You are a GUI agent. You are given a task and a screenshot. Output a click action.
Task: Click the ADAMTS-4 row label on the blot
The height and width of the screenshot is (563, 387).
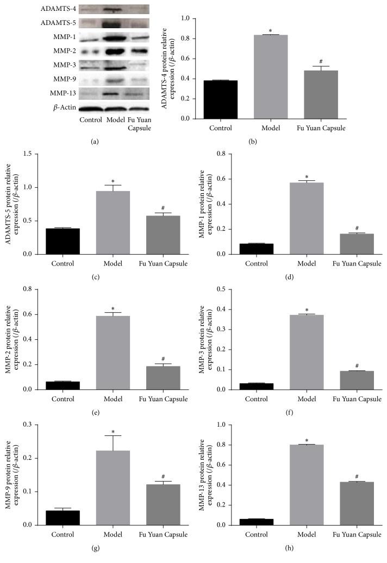(x=57, y=9)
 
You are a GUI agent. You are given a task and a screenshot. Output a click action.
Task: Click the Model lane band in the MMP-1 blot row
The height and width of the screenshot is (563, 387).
(x=110, y=37)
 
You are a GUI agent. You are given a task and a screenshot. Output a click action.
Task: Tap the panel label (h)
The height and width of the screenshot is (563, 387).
(x=307, y=555)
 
